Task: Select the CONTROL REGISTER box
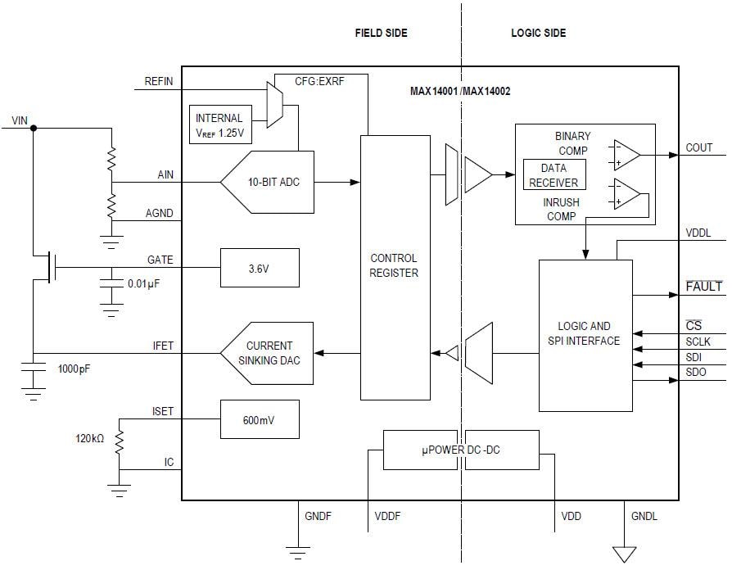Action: [x=395, y=266]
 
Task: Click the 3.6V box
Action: [x=259, y=267]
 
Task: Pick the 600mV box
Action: [x=259, y=419]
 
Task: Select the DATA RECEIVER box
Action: [x=554, y=175]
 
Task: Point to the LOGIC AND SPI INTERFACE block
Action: [x=585, y=334]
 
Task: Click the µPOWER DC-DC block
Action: [x=461, y=449]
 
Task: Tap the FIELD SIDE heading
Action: [x=381, y=33]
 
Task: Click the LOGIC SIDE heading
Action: [x=538, y=33]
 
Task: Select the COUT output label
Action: [x=698, y=147]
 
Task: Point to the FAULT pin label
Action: [x=703, y=287]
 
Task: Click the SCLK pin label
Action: [x=698, y=342]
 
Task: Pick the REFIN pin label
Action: [x=159, y=81]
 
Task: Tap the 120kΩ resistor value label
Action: [x=90, y=439]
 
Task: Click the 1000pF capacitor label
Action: [x=74, y=369]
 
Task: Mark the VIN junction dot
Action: [x=33, y=128]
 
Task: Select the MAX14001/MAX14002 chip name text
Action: [x=460, y=91]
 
